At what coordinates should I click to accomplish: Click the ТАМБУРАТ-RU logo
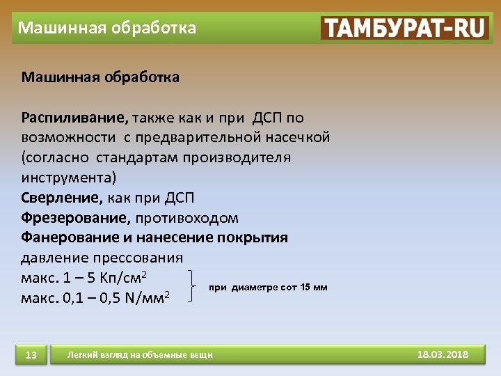tap(404, 28)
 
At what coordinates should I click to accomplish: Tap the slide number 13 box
tap(31, 355)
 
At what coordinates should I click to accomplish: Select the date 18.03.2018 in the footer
tap(443, 355)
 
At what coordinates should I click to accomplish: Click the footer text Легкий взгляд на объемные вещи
tap(139, 355)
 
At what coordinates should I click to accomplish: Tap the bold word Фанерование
tap(70, 238)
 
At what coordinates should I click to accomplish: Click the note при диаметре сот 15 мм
tap(268, 287)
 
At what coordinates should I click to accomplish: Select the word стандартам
tap(138, 157)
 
